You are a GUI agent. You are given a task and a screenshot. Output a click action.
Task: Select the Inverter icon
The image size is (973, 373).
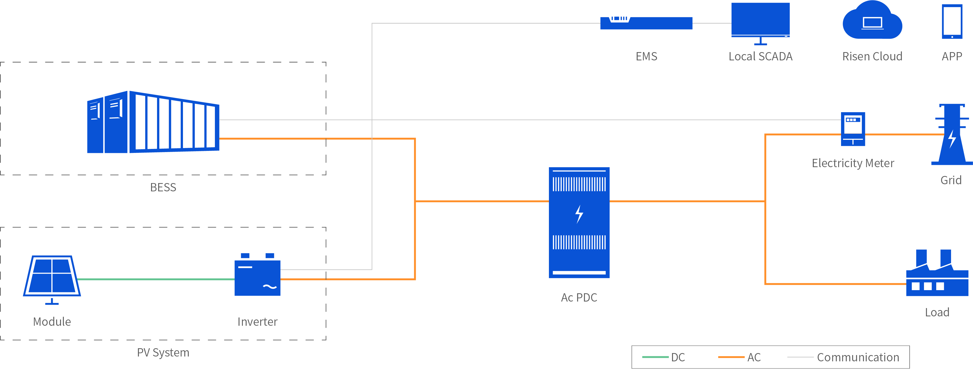click(x=257, y=277)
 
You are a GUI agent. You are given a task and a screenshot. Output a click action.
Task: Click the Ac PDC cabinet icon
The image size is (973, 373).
click(x=579, y=222)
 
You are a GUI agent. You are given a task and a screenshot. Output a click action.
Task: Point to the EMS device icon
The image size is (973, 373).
click(x=646, y=23)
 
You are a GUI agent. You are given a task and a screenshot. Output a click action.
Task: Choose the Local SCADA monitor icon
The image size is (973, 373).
click(x=760, y=21)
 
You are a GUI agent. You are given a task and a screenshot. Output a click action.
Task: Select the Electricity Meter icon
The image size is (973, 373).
click(x=853, y=129)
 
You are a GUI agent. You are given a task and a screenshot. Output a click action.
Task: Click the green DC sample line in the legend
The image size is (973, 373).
click(x=655, y=357)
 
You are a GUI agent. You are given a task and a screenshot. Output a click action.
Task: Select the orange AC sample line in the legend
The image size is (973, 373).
click(x=731, y=357)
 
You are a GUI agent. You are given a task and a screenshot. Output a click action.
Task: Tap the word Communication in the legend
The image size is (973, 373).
click(x=858, y=357)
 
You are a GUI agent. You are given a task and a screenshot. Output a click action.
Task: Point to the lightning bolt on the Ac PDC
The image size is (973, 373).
click(x=579, y=214)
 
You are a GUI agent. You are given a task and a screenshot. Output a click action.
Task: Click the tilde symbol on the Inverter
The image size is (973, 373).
click(x=270, y=287)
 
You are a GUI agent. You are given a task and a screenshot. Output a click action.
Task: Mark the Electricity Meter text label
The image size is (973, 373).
click(x=853, y=163)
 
